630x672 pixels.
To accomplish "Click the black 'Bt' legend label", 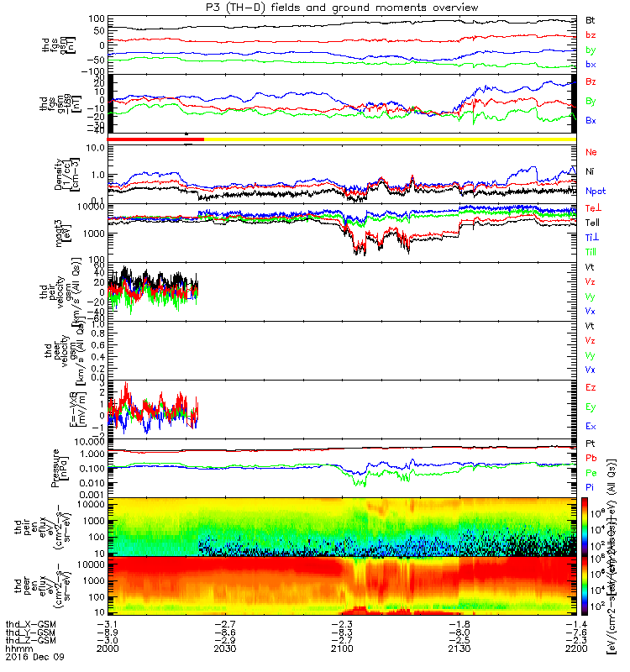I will click(x=590, y=18).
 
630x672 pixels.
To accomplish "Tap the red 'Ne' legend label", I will click(x=591, y=153).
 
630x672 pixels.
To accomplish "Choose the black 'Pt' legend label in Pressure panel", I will click(x=590, y=443).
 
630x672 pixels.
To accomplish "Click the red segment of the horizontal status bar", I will click(x=156, y=139).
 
